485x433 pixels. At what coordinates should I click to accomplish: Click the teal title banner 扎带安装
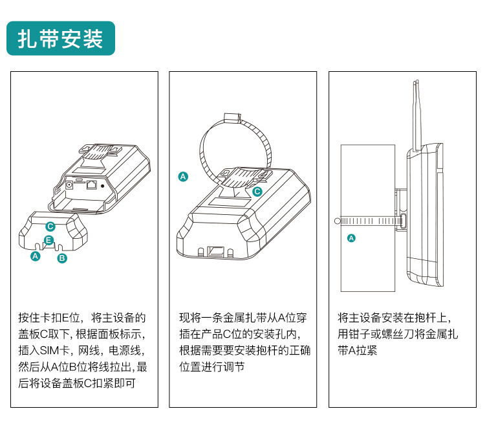click(x=61, y=38)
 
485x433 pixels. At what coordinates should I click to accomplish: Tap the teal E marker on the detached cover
click(x=48, y=240)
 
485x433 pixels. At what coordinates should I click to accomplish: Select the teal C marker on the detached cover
click(x=50, y=227)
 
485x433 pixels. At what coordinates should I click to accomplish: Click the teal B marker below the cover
click(x=62, y=258)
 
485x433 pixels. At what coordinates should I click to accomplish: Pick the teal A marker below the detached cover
click(x=36, y=256)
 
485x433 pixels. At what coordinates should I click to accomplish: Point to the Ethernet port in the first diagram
click(x=91, y=184)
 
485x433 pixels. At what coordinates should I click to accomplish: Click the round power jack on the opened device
click(x=69, y=185)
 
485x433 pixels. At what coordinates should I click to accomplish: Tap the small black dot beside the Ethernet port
click(x=103, y=186)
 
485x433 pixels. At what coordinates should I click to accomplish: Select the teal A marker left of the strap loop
click(x=183, y=177)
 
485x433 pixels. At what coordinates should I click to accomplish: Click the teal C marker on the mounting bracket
click(x=257, y=192)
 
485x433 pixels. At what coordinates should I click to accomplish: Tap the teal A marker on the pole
click(x=351, y=238)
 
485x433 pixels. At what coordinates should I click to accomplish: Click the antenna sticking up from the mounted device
click(x=416, y=115)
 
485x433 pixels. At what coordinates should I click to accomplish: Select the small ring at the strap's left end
click(x=338, y=221)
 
